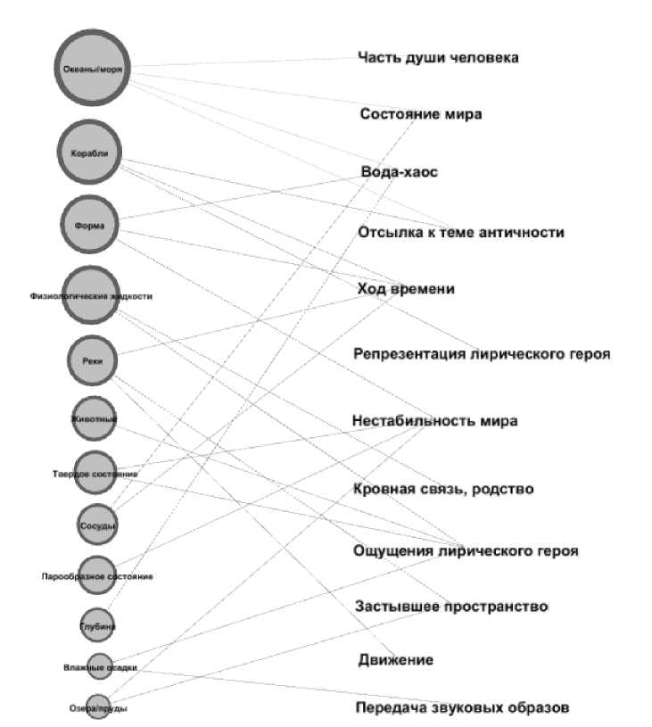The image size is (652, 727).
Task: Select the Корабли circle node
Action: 89,153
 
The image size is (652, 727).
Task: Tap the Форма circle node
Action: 90,225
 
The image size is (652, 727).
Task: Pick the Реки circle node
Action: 92,360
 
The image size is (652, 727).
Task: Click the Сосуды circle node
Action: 96,525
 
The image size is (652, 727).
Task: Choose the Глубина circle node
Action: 97,625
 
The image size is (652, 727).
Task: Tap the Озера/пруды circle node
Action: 98,707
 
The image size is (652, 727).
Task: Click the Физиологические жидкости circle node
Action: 91,295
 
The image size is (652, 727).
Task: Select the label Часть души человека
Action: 438,58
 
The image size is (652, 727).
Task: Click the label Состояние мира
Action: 421,114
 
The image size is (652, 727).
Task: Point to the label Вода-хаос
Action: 400,171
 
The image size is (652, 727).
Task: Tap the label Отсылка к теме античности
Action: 460,232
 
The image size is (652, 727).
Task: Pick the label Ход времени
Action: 406,289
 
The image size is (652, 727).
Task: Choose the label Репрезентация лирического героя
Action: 482,354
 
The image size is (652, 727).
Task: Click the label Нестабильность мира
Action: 434,420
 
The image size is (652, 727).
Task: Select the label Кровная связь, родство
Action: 443,489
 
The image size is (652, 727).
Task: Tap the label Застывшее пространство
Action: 450,607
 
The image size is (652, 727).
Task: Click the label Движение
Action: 396,660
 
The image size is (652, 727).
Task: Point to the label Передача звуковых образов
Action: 461,708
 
